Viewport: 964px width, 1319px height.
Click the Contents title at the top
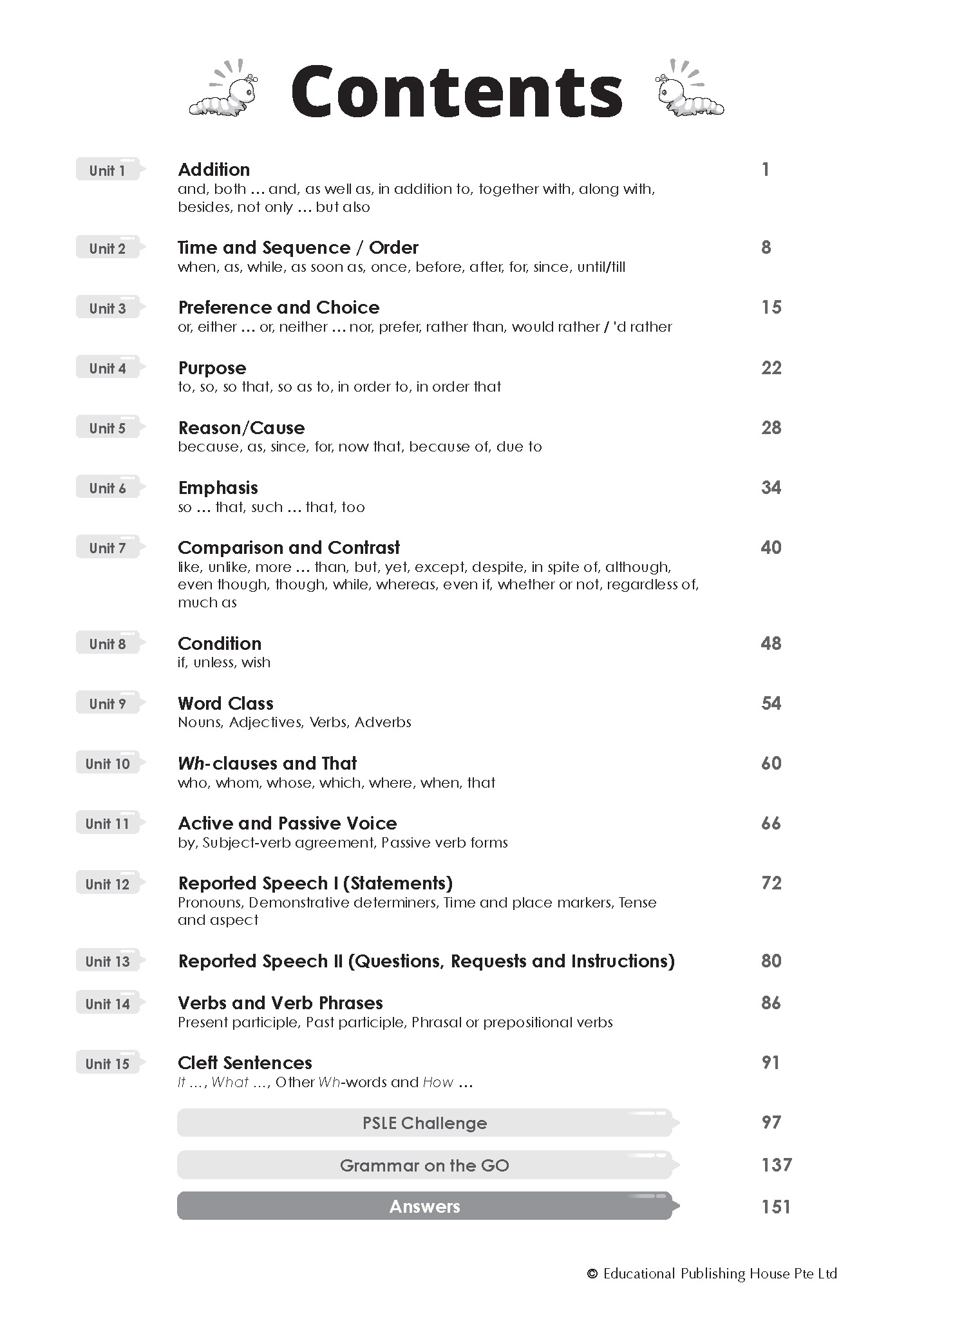(457, 91)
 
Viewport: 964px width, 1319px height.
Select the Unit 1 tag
(108, 170)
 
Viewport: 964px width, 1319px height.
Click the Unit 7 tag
(108, 548)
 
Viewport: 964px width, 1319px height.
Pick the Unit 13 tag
(108, 962)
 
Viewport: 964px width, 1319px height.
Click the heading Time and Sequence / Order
(298, 248)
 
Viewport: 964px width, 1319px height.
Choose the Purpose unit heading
(212, 368)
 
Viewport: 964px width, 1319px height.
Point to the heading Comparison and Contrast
(288, 548)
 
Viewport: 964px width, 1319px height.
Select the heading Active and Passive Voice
(287, 824)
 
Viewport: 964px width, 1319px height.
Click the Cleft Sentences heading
(245, 1063)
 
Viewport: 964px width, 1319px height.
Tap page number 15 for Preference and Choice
(771, 308)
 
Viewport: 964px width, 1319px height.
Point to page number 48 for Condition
(771, 643)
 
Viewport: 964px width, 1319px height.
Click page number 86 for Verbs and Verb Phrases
(771, 1003)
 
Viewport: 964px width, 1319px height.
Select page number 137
(776, 1165)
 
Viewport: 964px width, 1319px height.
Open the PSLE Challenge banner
(424, 1123)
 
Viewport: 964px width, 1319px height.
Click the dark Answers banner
(424, 1206)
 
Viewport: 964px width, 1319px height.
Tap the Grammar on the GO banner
(424, 1165)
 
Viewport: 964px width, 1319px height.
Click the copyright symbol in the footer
(592, 1274)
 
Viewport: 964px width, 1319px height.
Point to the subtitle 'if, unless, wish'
(224, 663)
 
